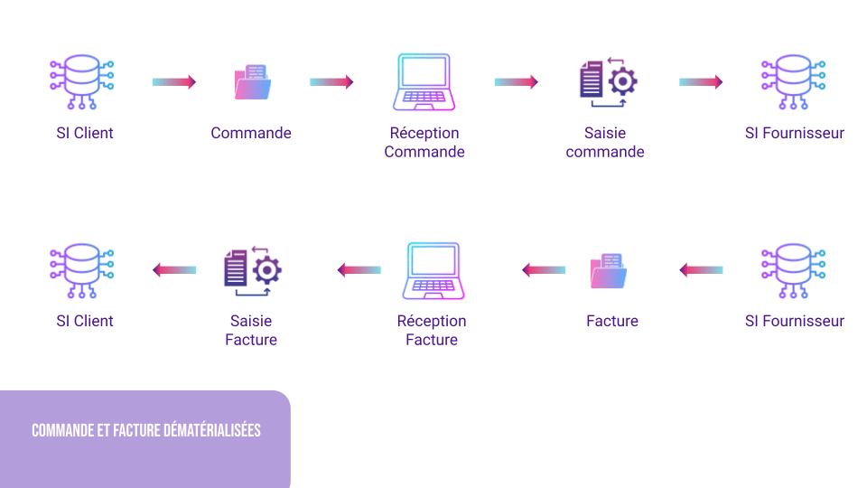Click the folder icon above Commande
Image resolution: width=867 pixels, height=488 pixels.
(252, 82)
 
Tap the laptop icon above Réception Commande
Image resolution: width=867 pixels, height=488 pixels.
(424, 82)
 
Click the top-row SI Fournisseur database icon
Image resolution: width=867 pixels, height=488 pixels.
(793, 82)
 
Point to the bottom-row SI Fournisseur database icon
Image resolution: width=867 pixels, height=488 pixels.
(793, 270)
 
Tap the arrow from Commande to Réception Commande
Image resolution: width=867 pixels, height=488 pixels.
(331, 82)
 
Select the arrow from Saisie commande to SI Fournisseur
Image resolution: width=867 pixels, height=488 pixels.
(701, 82)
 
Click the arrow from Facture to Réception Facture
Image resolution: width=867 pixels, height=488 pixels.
(544, 269)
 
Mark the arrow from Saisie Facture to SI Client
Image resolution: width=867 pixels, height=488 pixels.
(174, 269)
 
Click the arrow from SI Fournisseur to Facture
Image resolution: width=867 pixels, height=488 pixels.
(701, 269)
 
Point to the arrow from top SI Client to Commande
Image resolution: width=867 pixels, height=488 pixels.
(174, 82)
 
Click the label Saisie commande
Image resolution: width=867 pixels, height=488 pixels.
(605, 143)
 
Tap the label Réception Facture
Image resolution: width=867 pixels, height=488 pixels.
(432, 330)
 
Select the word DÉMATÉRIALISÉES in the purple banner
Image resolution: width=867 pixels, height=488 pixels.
(212, 430)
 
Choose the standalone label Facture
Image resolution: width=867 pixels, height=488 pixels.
(612, 321)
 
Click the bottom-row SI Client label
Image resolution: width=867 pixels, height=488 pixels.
(85, 321)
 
